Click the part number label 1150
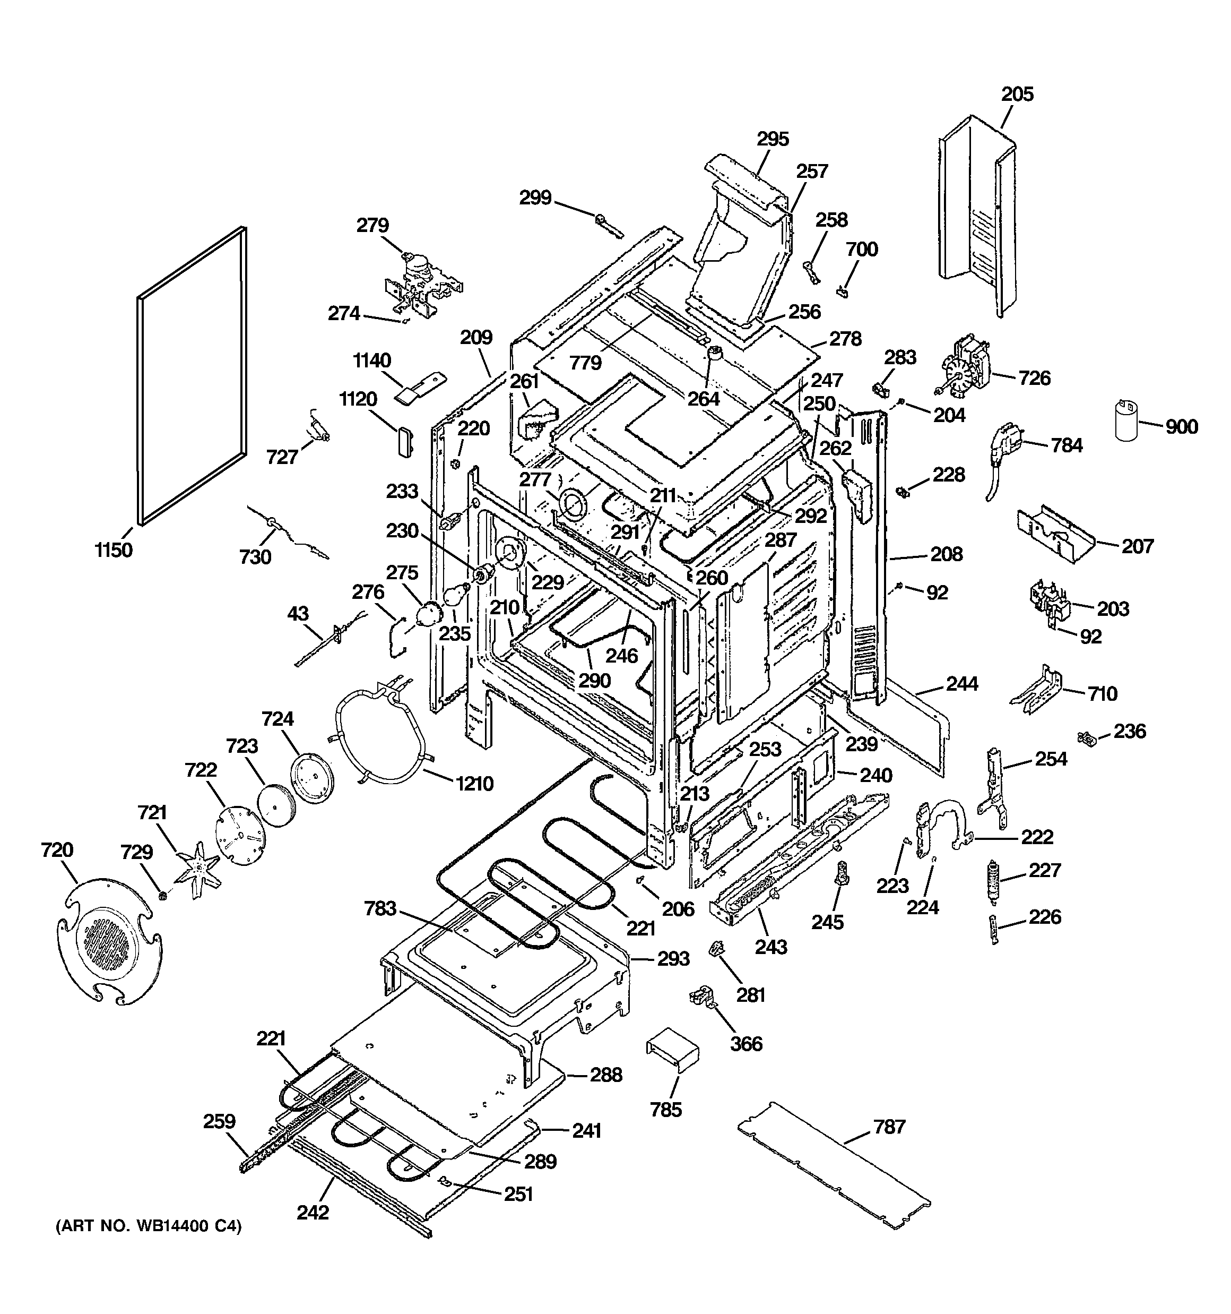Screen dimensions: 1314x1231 (x=114, y=549)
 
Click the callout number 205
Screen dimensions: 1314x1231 (x=1017, y=95)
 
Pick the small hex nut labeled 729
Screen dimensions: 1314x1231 (x=162, y=896)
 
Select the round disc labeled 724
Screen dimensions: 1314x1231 (x=312, y=778)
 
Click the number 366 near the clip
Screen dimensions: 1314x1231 (x=746, y=1044)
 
